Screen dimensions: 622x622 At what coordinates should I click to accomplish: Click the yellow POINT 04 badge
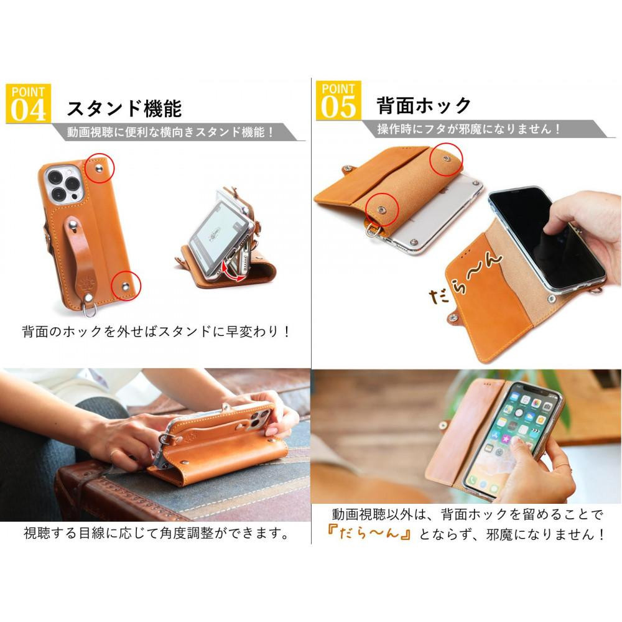[x=28, y=103]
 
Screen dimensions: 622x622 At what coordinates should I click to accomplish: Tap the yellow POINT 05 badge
[x=338, y=100]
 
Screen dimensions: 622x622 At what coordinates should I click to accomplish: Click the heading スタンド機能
[x=124, y=108]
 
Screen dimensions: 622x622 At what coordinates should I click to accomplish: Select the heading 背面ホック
[x=424, y=105]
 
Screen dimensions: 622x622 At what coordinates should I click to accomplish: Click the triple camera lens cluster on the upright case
[x=63, y=185]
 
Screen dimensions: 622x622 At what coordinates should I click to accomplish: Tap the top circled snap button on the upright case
[x=99, y=169]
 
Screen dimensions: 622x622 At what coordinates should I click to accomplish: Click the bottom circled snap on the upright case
[x=126, y=285]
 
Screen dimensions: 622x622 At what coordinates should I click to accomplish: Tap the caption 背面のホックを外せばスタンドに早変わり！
[x=156, y=332]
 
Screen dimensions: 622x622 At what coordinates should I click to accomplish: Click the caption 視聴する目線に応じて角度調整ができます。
[x=157, y=533]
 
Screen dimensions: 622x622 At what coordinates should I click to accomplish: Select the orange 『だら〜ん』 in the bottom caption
[x=369, y=534]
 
